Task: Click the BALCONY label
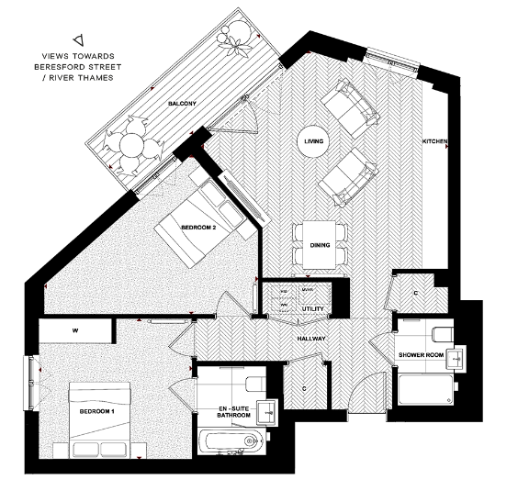(x=181, y=105)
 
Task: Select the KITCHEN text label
(x=434, y=141)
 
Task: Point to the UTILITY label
(x=312, y=309)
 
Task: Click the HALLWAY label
(x=313, y=340)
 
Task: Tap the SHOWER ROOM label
(x=420, y=354)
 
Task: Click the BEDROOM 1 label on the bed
(x=97, y=413)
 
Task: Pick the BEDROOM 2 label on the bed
(x=197, y=229)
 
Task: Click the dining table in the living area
(x=320, y=243)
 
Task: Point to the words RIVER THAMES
(x=89, y=76)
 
